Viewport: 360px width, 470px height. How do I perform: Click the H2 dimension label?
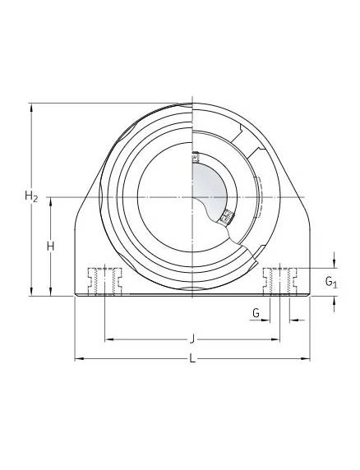[x=31, y=196]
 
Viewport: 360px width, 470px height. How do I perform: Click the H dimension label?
[x=50, y=247]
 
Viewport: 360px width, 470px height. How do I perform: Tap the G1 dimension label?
[x=331, y=283]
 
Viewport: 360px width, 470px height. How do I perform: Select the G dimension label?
[x=256, y=313]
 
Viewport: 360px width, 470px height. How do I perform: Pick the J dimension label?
[x=192, y=339]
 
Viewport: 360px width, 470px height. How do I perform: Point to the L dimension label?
[x=192, y=358]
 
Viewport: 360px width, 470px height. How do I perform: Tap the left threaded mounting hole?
[x=104, y=282]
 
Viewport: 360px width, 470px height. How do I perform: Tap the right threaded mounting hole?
[x=279, y=282]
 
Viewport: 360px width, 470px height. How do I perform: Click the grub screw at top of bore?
[x=195, y=157]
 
